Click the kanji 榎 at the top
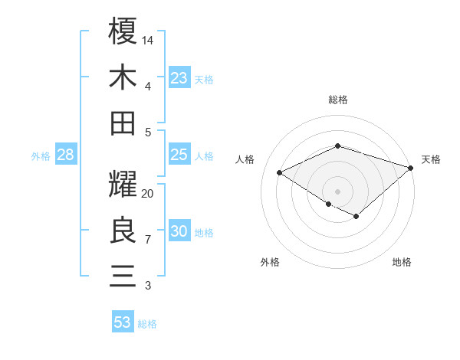click(123, 31)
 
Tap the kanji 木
click(123, 77)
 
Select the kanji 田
click(123, 123)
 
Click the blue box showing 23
click(179, 77)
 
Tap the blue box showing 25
click(179, 155)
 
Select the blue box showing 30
click(179, 231)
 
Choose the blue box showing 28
click(65, 155)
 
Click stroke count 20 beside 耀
click(149, 194)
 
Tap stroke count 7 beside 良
click(148, 240)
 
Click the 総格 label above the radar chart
click(337, 100)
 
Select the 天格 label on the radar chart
click(431, 159)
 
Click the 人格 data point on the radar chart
click(280, 172)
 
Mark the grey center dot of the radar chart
click(337, 191)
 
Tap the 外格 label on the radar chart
click(270, 262)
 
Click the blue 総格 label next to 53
click(147, 324)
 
